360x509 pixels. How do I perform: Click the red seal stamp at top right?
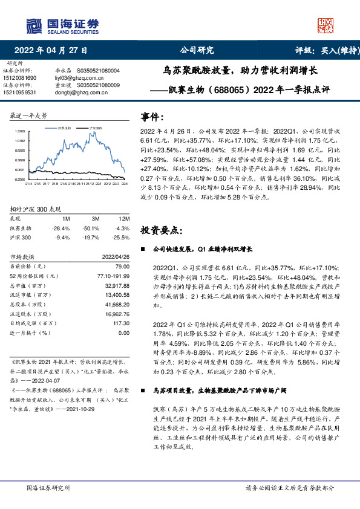pyautogui.click(x=326, y=25)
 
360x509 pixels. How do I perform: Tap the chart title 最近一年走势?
pyautogui.click(x=28, y=115)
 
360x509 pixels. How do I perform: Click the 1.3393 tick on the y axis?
pyautogui.click(x=21, y=131)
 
